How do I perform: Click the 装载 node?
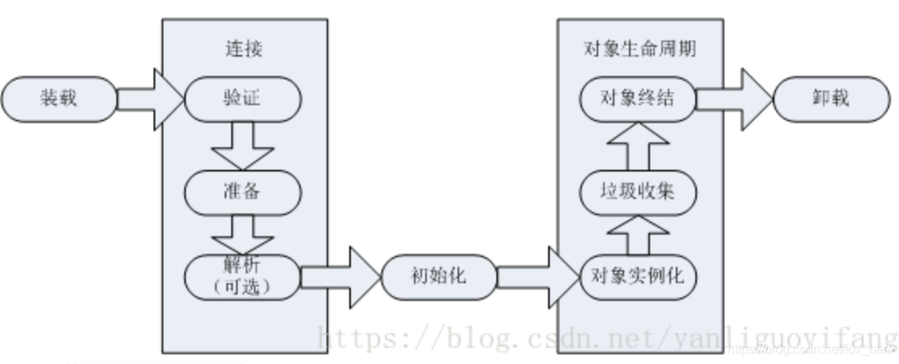(x=59, y=99)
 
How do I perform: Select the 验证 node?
(x=243, y=99)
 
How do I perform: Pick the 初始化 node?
(x=437, y=277)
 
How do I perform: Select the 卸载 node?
(x=831, y=99)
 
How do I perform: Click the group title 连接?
(x=243, y=49)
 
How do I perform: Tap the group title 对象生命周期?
(x=639, y=49)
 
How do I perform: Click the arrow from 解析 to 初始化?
(x=340, y=277)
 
